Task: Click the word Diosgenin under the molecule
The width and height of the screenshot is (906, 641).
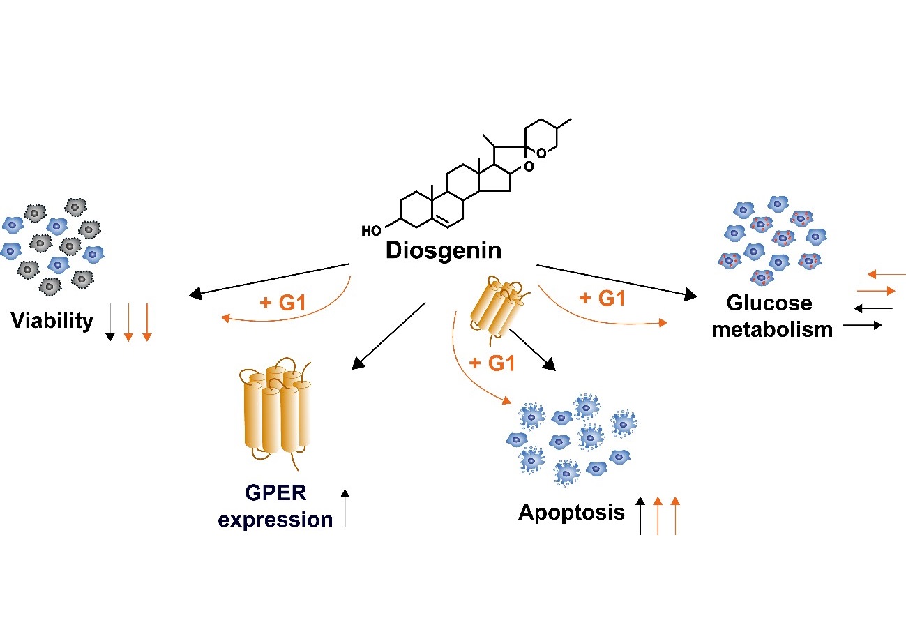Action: pos(444,251)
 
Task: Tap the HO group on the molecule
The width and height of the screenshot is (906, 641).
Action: pos(371,231)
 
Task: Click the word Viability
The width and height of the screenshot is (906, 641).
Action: pos(52,321)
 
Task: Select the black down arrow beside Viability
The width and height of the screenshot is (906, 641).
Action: pos(110,322)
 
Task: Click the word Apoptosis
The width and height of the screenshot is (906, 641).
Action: pos(571,513)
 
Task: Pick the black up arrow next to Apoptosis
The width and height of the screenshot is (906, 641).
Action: pos(640,515)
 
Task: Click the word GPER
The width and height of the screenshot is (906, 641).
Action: pos(275,492)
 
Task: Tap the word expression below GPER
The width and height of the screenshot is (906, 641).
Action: pos(275,520)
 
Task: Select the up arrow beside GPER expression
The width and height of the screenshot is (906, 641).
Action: pos(345,508)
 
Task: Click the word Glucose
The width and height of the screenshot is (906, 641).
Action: pos(769,303)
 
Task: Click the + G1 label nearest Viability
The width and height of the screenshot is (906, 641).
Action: pos(282,303)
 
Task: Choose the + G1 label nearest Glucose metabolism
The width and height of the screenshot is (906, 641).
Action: pos(602,298)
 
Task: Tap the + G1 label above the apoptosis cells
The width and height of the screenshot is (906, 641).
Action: pos(492,363)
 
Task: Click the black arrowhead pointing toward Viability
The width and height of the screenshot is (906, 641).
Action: pos(196,294)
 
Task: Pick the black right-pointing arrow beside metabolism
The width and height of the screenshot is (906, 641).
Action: pos(863,325)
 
